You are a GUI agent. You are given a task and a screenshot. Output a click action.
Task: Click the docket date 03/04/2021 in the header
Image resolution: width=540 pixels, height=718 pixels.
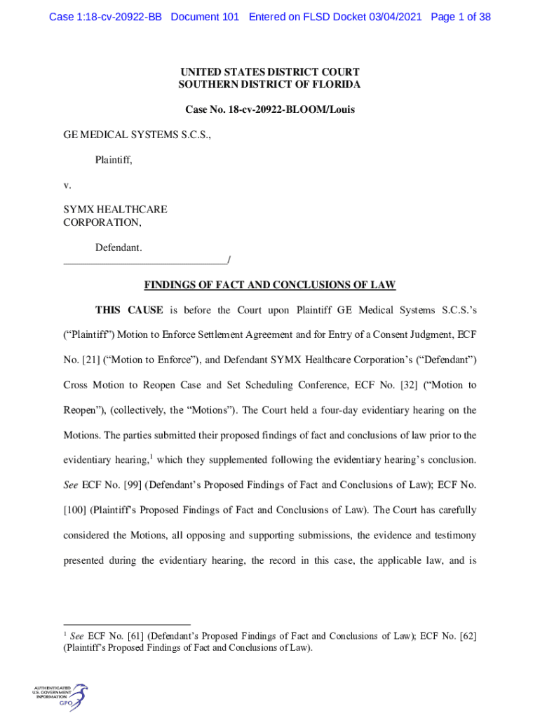pos(394,17)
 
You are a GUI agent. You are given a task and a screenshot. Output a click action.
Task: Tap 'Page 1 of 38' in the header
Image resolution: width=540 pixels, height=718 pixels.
pos(461,17)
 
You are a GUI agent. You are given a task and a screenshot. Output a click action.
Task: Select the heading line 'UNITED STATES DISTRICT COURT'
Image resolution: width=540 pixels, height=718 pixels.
pos(270,72)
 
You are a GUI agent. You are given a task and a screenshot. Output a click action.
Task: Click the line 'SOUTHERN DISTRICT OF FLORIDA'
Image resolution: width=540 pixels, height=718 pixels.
pos(270,85)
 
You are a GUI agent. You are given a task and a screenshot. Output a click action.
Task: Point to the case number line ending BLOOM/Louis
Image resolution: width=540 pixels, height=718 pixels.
pos(270,110)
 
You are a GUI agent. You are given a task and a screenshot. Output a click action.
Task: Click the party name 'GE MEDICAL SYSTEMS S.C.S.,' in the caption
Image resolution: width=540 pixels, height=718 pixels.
pos(137,135)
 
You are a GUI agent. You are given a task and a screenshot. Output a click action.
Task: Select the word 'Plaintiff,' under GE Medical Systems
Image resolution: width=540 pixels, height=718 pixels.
pos(114,161)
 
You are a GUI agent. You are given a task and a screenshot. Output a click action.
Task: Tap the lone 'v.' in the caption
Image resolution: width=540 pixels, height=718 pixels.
pos(67,186)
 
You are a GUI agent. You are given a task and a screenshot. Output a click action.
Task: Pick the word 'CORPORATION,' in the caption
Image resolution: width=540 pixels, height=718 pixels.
pos(102,222)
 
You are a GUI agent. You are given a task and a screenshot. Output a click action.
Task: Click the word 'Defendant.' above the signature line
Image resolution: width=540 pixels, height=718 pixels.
pos(119,248)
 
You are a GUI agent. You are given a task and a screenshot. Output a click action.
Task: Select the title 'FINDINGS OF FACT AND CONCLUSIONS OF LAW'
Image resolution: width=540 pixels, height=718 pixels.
pos(270,285)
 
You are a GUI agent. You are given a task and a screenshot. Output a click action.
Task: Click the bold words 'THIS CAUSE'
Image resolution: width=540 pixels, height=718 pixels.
pos(129,310)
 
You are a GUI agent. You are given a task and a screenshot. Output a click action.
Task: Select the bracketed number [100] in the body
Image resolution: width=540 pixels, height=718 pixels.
pos(75,510)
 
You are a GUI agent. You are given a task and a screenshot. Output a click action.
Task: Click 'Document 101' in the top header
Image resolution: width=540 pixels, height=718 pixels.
pos(205,17)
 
